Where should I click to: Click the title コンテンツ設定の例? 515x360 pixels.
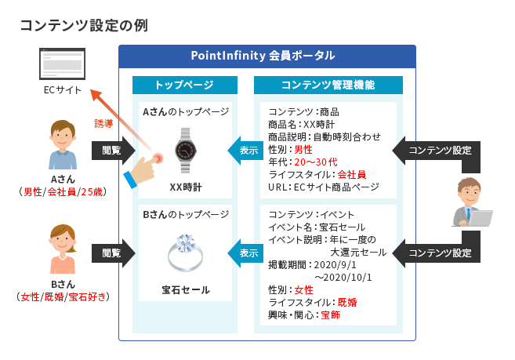(x=84, y=25)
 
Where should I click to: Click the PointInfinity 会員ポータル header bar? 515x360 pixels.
(x=267, y=56)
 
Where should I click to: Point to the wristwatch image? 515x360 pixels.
(x=186, y=150)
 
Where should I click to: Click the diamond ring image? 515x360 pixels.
(x=186, y=253)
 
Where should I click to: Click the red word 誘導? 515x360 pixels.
(x=104, y=124)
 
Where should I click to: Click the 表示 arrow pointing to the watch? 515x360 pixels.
(x=245, y=150)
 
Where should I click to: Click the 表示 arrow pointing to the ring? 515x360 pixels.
(x=245, y=253)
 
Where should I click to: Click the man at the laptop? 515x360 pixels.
(x=474, y=203)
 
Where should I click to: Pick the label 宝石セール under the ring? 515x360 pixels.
(x=186, y=289)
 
